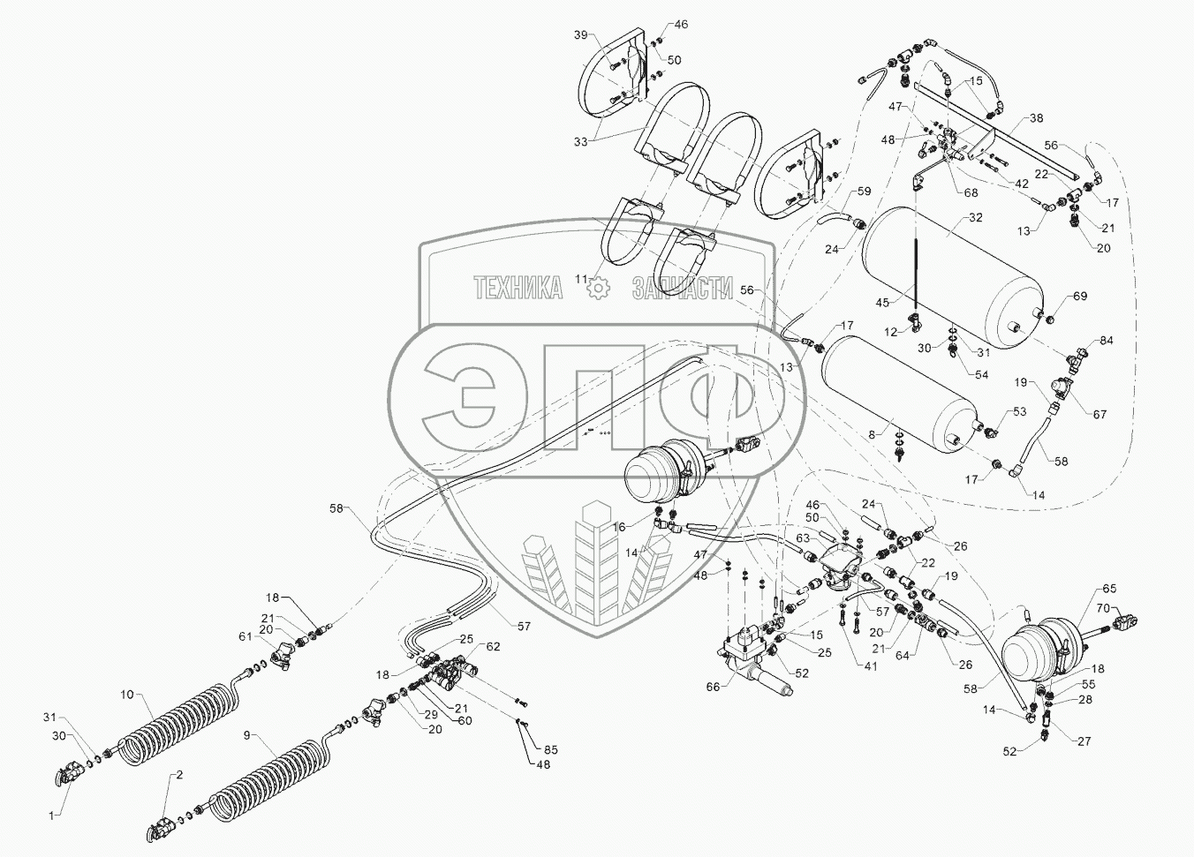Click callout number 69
coord(1079,296)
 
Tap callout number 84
coord(1106,342)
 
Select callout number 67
coord(1099,414)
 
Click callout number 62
coord(492,646)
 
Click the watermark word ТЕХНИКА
coord(518,289)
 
